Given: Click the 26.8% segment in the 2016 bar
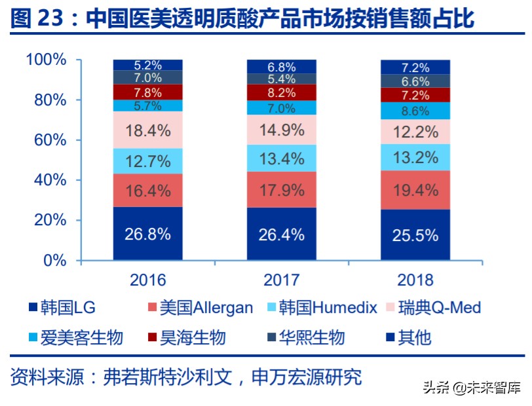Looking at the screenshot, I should [x=148, y=234].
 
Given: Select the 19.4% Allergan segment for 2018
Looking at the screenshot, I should [x=415, y=191].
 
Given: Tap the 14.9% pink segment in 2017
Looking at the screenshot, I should [x=282, y=130].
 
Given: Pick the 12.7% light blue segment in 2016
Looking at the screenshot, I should [x=148, y=160].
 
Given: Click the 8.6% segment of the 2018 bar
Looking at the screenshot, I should [x=415, y=111].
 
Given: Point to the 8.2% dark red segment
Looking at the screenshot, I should [x=282, y=92].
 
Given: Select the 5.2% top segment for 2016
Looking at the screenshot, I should [x=148, y=65].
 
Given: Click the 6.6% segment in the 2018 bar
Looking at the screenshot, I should [x=415, y=81].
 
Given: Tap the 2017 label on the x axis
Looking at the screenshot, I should [x=282, y=280].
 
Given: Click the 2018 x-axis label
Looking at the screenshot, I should [x=415, y=280].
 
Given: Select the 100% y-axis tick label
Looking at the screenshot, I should [x=46, y=60].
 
